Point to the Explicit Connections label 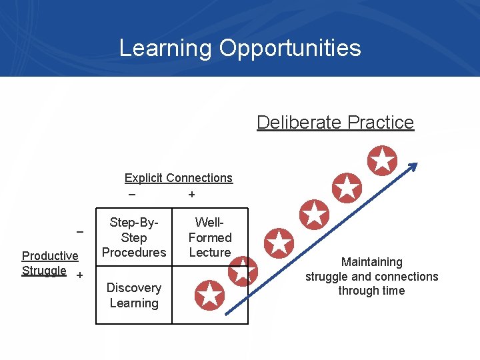(179, 178)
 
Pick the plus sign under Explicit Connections (192, 195)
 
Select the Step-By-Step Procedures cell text (134, 237)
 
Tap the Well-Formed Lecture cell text (210, 237)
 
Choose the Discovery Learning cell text (134, 295)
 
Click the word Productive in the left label (50, 256)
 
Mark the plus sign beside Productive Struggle (79, 275)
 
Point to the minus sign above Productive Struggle (79, 232)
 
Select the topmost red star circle (382, 160)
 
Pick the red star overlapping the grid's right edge (242, 271)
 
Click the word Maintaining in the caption (372, 262)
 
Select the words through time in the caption (371, 291)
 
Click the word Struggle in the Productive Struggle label (44, 271)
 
